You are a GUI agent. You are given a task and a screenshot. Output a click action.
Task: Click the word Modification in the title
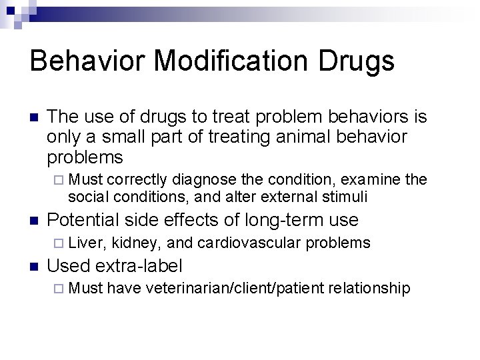coord(229,61)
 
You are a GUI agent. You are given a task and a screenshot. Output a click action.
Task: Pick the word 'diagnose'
coord(199,179)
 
